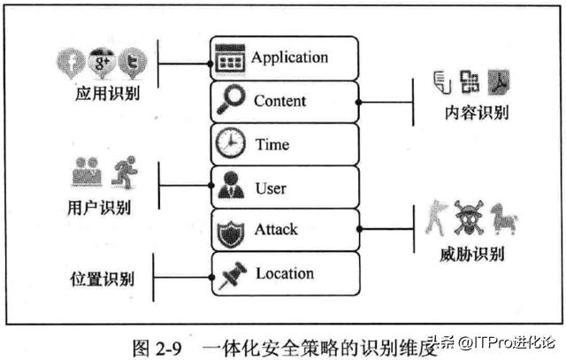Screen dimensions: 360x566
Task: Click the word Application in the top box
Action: coord(289,57)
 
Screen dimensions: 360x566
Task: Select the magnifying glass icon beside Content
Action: coord(231,102)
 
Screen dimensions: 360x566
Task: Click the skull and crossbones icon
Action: coord(470,218)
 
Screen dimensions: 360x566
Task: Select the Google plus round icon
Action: coord(102,61)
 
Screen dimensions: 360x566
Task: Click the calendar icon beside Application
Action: coord(230,58)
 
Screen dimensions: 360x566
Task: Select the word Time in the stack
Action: coord(272,144)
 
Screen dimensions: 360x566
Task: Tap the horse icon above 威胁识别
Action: coord(503,218)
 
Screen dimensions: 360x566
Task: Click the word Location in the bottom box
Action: coord(285,273)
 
